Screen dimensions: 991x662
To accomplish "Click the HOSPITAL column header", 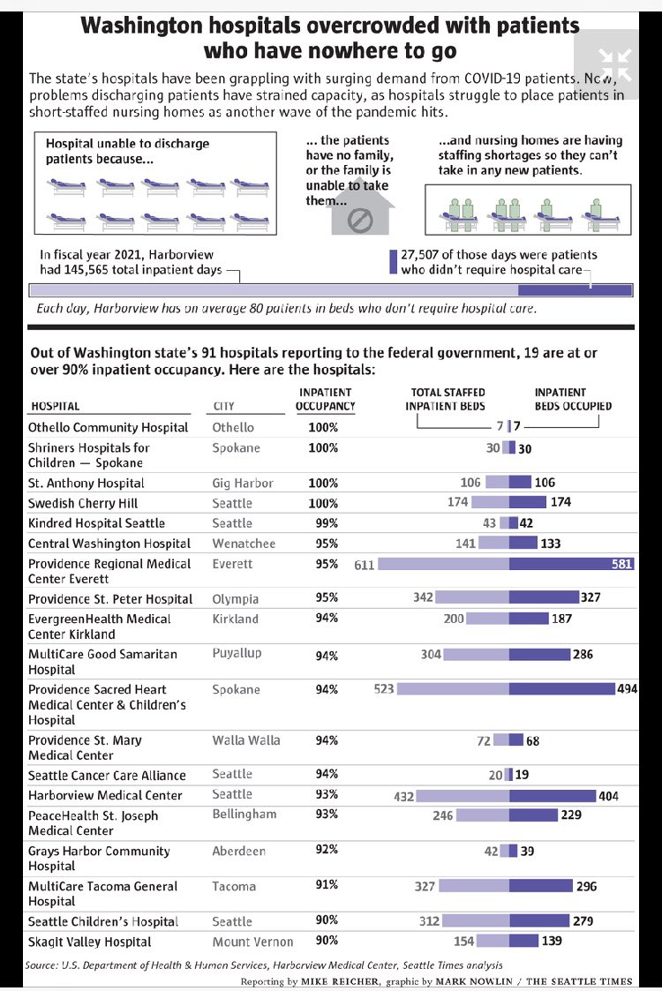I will pyautogui.click(x=56, y=406).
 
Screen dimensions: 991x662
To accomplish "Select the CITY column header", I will pyautogui.click(x=223, y=406).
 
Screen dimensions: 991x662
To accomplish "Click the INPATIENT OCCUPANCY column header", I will pyautogui.click(x=325, y=399).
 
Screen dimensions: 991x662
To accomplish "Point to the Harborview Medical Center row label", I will pyautogui.click(x=105, y=795).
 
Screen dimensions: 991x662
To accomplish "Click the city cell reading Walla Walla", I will pyautogui.click(x=246, y=740).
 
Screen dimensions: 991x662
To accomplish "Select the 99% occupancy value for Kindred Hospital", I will pyautogui.click(x=327, y=523).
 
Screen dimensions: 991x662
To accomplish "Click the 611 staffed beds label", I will pyautogui.click(x=364, y=565).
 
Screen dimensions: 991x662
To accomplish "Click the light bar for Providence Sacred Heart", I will pyautogui.click(x=453, y=689).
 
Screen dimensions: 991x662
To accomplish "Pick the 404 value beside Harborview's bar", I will pyautogui.click(x=608, y=796).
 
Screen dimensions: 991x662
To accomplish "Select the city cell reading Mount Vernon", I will pyautogui.click(x=252, y=942).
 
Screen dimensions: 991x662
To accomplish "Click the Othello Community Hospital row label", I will pyautogui.click(x=108, y=427).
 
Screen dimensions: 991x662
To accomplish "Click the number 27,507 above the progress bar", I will pyautogui.click(x=423, y=254).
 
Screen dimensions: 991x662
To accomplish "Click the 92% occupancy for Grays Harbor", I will pyautogui.click(x=327, y=850).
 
